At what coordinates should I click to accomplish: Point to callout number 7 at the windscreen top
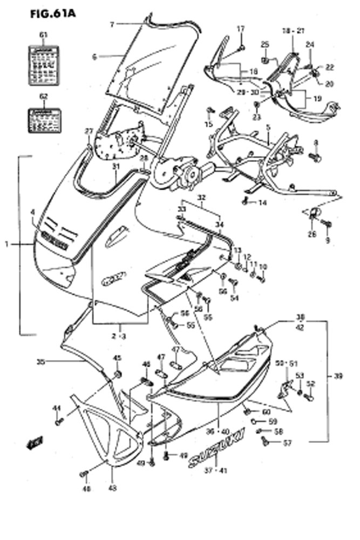(112, 24)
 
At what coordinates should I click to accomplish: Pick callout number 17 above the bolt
(241, 28)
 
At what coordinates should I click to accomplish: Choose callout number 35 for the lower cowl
(40, 361)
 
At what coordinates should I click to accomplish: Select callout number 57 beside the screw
(287, 443)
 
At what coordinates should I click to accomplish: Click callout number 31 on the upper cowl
(115, 167)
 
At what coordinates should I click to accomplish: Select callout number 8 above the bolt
(316, 143)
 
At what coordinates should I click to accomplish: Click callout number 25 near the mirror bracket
(264, 44)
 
